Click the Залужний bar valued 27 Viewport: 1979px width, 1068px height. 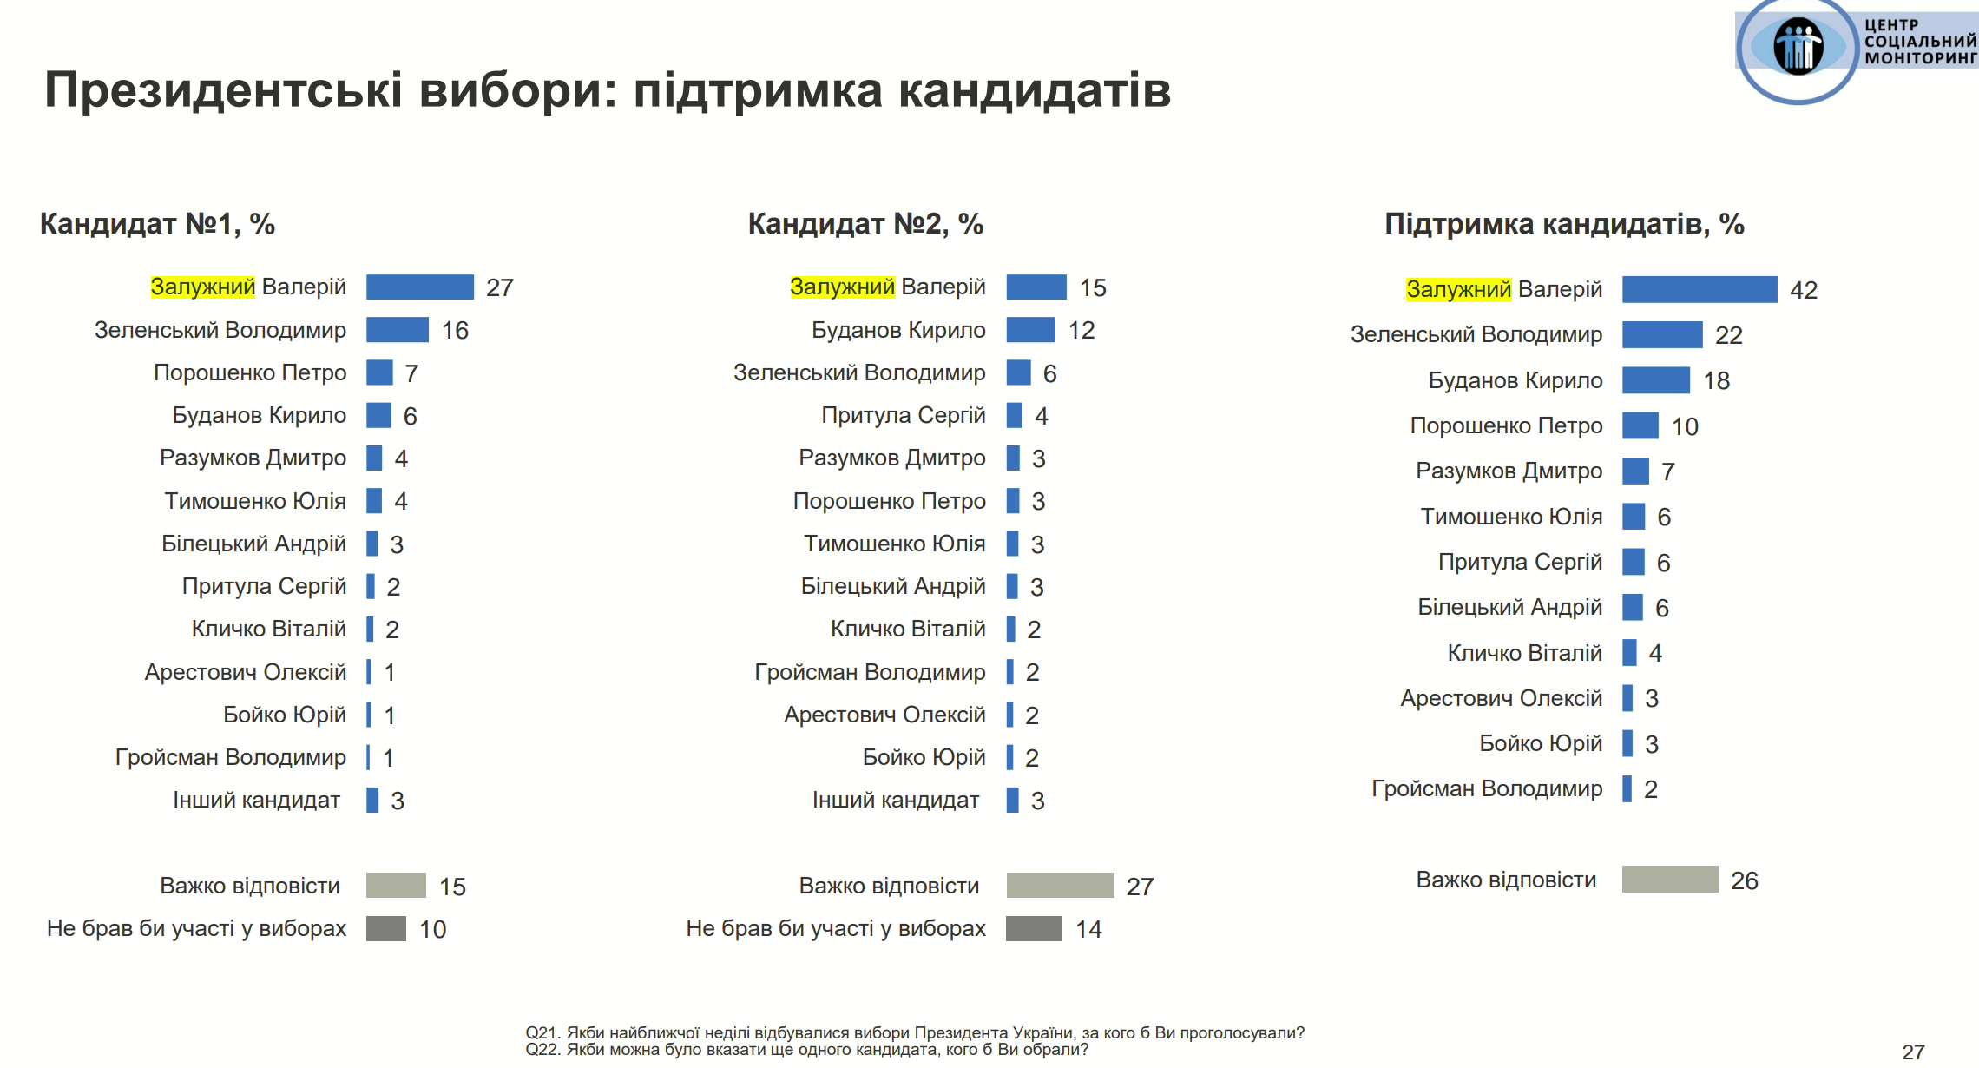(419, 287)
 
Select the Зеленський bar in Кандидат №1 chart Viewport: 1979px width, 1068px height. (397, 330)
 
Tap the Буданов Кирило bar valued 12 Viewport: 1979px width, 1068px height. (1030, 330)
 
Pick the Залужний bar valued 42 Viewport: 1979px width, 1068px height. (1699, 289)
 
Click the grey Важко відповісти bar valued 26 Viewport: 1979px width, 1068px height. (1669, 880)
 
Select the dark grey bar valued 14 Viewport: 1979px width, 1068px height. (1034, 928)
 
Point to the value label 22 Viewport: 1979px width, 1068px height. (1728, 335)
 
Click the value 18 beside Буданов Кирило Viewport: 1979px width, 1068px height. (1716, 380)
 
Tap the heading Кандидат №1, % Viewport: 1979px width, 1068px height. (157, 224)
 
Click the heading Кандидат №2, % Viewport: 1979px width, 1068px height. (865, 224)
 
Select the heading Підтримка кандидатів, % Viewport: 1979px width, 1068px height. (1564, 224)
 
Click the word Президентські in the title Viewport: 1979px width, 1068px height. (223, 89)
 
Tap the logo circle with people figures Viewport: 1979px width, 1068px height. (1797, 48)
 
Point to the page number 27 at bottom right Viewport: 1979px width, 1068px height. (1913, 1052)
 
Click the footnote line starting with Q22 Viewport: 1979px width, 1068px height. (806, 1050)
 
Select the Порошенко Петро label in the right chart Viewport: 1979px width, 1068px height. (1506, 425)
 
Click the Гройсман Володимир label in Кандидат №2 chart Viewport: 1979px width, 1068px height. (870, 672)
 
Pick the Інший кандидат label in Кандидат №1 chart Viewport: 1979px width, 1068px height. (256, 800)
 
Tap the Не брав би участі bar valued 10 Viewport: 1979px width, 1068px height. (385, 928)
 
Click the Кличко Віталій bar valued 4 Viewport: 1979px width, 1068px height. (1629, 653)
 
